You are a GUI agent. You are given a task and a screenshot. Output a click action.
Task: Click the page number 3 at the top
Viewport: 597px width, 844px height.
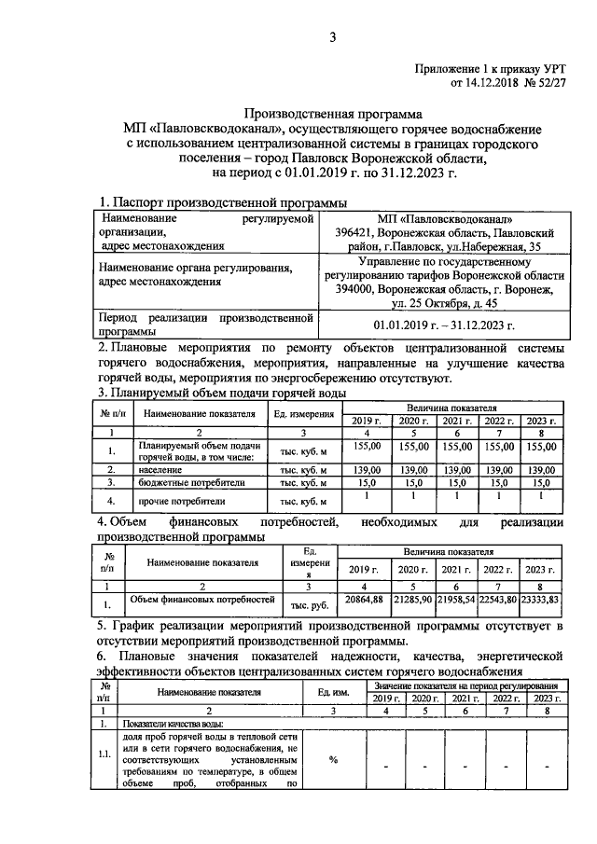331,37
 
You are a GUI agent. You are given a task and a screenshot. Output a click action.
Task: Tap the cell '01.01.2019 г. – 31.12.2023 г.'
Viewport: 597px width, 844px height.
444,325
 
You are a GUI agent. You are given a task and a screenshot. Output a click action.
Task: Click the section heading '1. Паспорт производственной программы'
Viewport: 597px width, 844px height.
224,202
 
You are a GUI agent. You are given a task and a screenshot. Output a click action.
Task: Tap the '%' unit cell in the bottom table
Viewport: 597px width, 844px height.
333,759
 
